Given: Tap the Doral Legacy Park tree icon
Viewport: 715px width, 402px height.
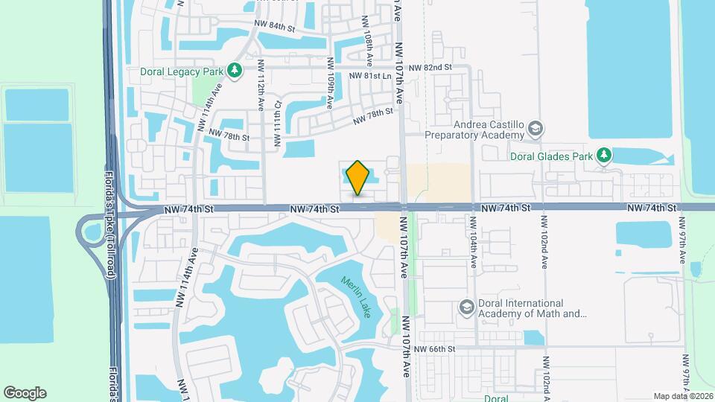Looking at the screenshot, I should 235,71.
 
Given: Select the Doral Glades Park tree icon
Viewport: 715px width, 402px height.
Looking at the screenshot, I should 606,156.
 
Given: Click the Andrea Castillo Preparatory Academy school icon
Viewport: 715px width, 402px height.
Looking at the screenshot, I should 535,131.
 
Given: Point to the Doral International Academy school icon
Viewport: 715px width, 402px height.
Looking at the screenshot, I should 466,308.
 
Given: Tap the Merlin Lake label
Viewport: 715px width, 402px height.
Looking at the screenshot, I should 356,297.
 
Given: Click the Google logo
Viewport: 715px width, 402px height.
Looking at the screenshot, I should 25,392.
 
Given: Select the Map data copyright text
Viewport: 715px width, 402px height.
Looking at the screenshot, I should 683,395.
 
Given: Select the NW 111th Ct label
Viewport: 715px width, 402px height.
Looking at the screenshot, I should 277,124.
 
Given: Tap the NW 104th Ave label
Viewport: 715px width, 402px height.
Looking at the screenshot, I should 473,240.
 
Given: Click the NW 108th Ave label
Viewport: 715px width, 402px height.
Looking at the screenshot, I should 368,37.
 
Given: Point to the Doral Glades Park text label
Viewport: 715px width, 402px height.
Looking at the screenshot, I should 551,156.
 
